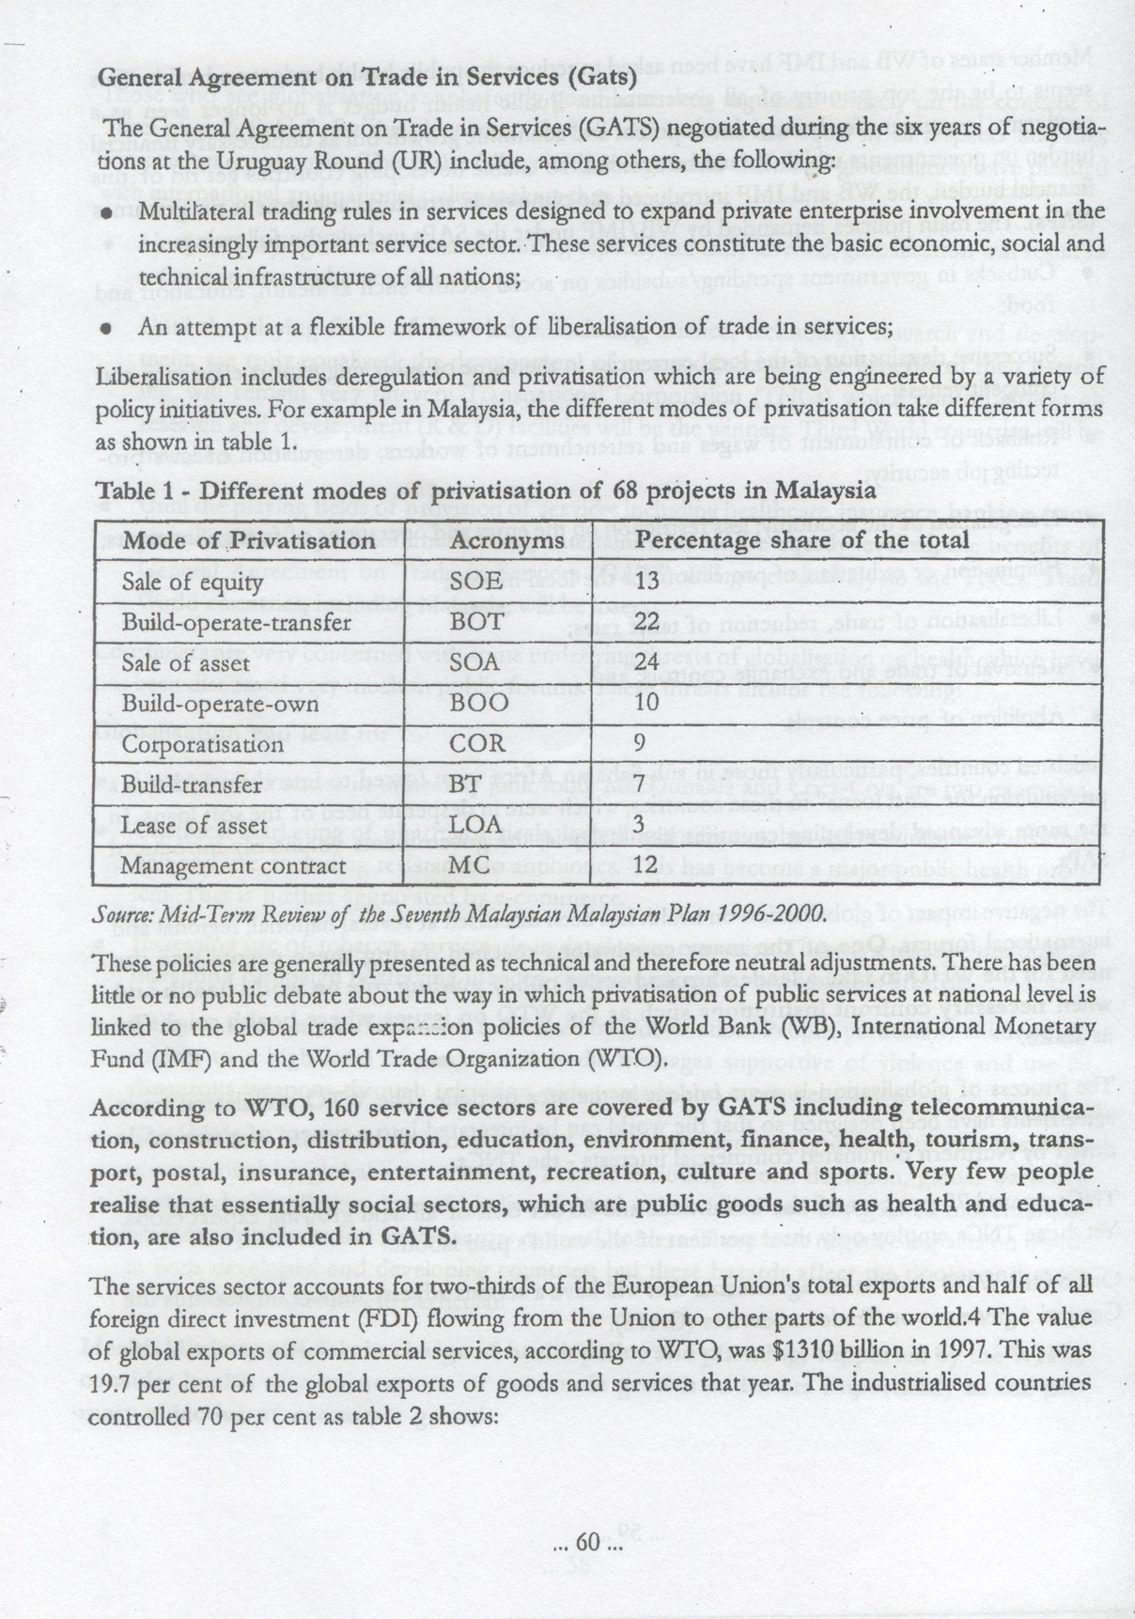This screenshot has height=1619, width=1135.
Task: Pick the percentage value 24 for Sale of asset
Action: click(x=647, y=662)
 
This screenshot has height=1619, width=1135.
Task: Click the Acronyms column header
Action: click(x=507, y=540)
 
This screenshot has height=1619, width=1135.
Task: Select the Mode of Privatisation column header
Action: click(x=249, y=540)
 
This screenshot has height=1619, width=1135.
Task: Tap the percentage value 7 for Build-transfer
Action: click(x=642, y=784)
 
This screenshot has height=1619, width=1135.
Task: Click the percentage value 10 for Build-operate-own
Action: click(x=647, y=703)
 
